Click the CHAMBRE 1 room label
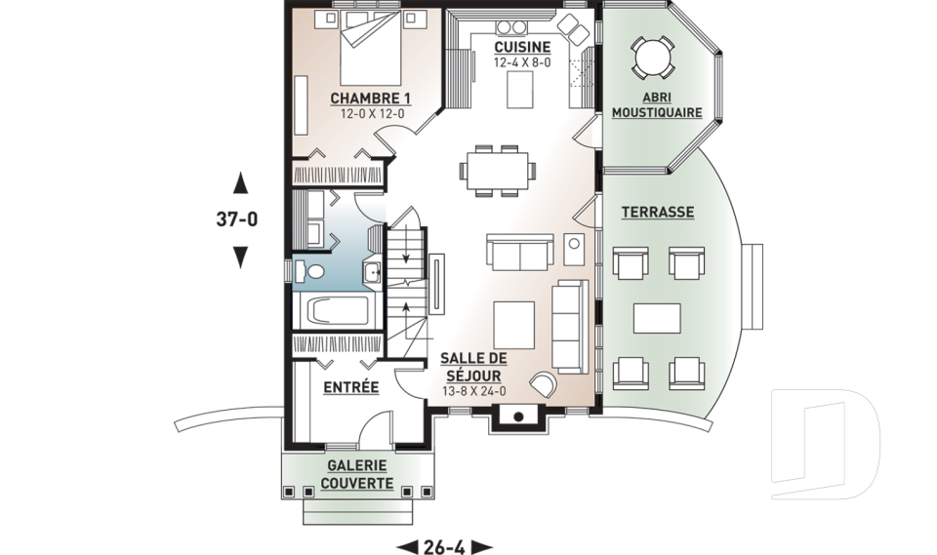pos(370,99)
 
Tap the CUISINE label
pos(521,47)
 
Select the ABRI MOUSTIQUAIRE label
pos(656,105)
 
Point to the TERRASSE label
pos(657,212)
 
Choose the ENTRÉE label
pos(350,388)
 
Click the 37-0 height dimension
pos(237,219)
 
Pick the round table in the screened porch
pos(651,58)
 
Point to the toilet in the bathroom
pos(310,272)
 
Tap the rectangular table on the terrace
pos(657,319)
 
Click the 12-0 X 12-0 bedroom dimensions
pos(371,114)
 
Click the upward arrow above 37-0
pos(240,183)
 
